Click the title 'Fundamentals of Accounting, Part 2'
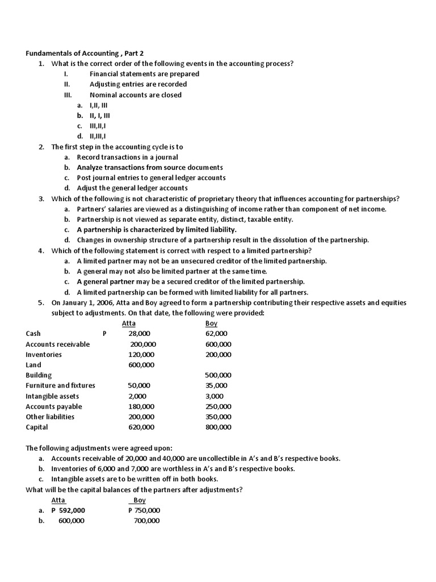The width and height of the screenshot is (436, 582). coord(85,53)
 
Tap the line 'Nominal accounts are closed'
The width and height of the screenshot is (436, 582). coord(135,95)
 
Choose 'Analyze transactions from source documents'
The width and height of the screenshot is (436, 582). coord(150,167)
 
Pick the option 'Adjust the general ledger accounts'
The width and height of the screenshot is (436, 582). coord(132,188)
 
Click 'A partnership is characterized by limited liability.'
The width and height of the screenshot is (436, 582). coord(157,230)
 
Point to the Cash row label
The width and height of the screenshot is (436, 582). coord(33,334)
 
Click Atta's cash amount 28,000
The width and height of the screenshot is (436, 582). coord(139,334)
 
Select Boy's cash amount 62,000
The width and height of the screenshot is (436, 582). coord(216,334)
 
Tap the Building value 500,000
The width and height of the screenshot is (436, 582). coord(218,375)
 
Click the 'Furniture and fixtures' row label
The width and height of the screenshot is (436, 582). coord(60,385)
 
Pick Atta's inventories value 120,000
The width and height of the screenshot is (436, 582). coord(142,354)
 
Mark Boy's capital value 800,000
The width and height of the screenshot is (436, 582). coord(218,427)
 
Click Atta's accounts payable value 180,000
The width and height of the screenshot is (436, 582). coord(142,406)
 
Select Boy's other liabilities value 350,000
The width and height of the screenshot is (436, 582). coord(218,417)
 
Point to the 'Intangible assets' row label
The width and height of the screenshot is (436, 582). coord(52,396)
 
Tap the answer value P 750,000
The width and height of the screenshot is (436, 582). coord(144,510)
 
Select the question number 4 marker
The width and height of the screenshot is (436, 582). coord(41,251)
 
